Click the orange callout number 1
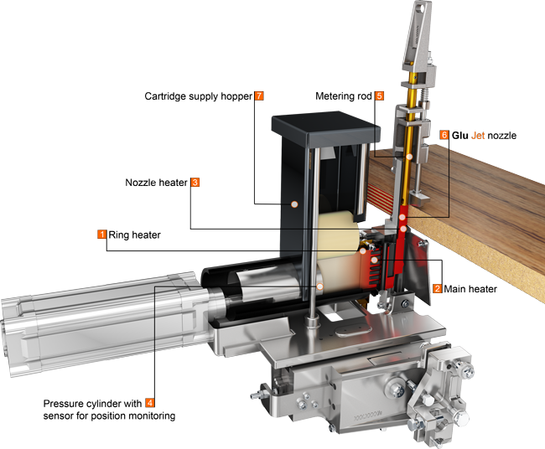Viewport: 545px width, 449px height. [101, 235]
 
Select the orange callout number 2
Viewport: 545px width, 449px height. [437, 288]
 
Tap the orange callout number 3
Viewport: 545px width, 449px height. [195, 181]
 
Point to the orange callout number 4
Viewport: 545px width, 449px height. [149, 402]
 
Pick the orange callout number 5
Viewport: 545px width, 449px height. [379, 96]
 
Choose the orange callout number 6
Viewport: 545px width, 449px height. [444, 135]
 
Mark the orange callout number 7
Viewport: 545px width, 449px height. [259, 96]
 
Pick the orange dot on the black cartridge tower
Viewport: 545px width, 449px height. [294, 204]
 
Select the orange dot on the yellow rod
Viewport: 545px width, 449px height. [409, 157]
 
